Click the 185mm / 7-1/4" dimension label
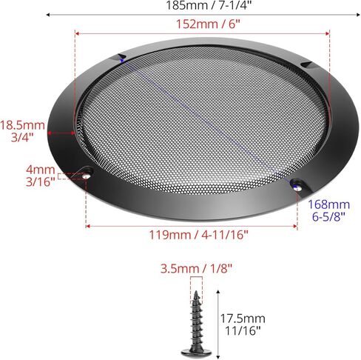coord(209,5)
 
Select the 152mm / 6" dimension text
coord(208,24)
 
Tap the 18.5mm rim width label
coord(22,131)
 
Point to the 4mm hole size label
coord(41,176)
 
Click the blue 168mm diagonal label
coord(329,210)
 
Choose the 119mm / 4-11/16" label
coord(198,235)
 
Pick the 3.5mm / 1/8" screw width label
coord(196,269)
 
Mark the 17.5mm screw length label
coord(243,324)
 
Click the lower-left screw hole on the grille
coord(87,176)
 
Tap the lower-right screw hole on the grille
coord(298,188)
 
